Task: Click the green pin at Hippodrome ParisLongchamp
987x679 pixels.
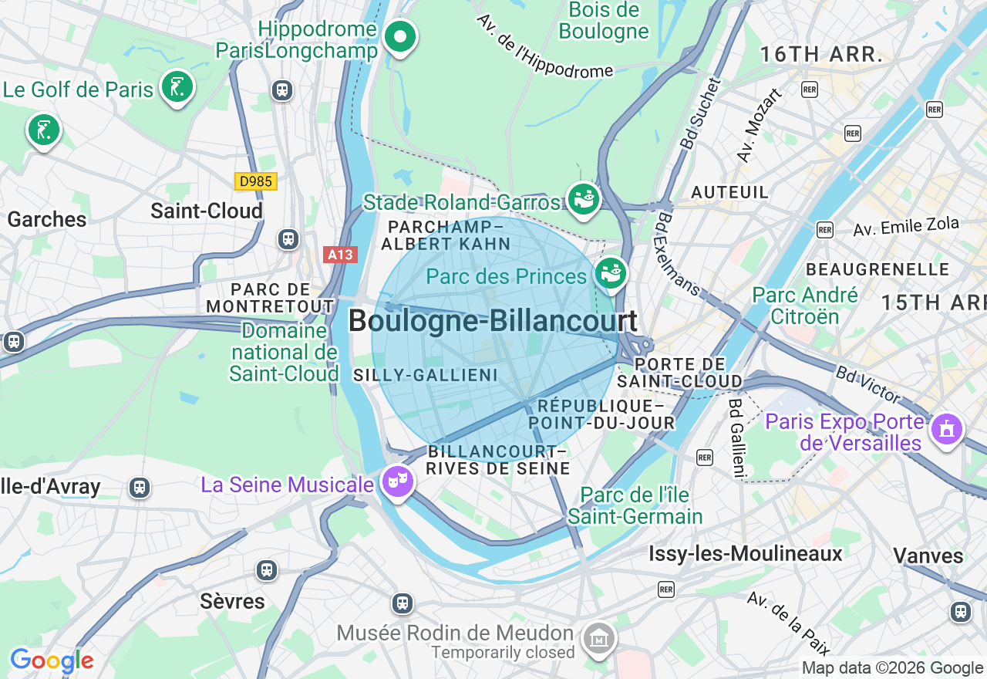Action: (x=399, y=36)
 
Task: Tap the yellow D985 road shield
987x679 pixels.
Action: (x=255, y=181)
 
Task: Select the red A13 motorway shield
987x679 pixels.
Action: (x=340, y=255)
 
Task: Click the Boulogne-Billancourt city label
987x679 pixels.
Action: (x=493, y=321)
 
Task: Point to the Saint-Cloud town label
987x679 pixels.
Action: (x=207, y=211)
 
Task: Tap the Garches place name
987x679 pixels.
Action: (x=47, y=219)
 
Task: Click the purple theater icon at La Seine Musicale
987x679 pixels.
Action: (x=398, y=481)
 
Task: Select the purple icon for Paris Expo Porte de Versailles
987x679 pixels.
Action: (x=947, y=428)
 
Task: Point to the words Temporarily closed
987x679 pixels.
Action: (x=503, y=653)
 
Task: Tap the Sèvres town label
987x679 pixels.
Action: (x=232, y=601)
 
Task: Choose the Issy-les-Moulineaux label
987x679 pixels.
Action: (x=746, y=553)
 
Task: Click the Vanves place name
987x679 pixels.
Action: (x=928, y=556)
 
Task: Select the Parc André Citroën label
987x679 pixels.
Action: (x=805, y=306)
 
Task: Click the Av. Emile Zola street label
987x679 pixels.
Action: (x=906, y=227)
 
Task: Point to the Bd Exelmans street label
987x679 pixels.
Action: (x=677, y=255)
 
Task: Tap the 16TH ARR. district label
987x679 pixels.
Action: (x=821, y=55)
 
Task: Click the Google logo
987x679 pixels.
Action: (x=52, y=661)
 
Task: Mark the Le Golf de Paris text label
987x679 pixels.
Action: (x=78, y=90)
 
